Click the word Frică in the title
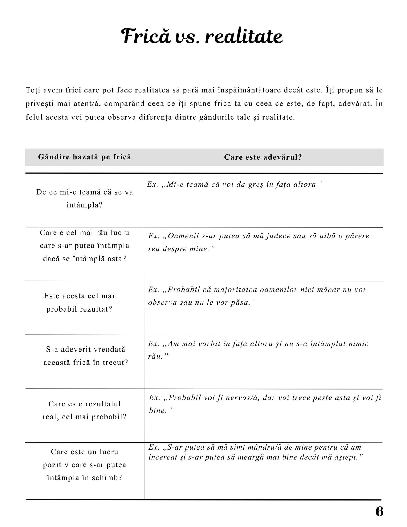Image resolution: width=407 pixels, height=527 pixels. tap(146, 37)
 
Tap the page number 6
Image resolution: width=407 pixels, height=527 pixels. tap(379, 512)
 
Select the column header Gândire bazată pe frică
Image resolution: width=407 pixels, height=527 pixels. tap(84, 157)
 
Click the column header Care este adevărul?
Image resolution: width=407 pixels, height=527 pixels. tap(263, 157)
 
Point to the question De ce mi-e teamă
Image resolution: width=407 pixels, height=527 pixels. tap(84, 198)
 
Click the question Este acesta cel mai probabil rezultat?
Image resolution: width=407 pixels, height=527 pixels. tap(79, 302)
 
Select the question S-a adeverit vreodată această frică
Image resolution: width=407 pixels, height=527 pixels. tap(86, 356)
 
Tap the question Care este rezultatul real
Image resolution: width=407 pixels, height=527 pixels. tap(84, 410)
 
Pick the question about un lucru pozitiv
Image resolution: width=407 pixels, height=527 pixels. tap(84, 465)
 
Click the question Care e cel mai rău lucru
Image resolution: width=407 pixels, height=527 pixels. tap(84, 246)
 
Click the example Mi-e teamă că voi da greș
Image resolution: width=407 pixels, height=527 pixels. tap(235, 185)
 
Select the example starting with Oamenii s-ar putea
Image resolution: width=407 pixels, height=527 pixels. tap(259, 242)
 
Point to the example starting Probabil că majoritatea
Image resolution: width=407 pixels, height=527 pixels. tap(257, 296)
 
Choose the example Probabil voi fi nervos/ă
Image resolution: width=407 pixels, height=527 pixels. tap(265, 404)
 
